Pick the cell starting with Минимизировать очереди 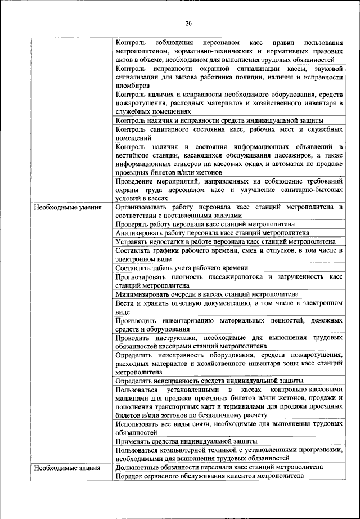tap(206, 294)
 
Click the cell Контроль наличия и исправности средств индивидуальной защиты tap(219, 120)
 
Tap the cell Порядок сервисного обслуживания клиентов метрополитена tap(209, 476)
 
